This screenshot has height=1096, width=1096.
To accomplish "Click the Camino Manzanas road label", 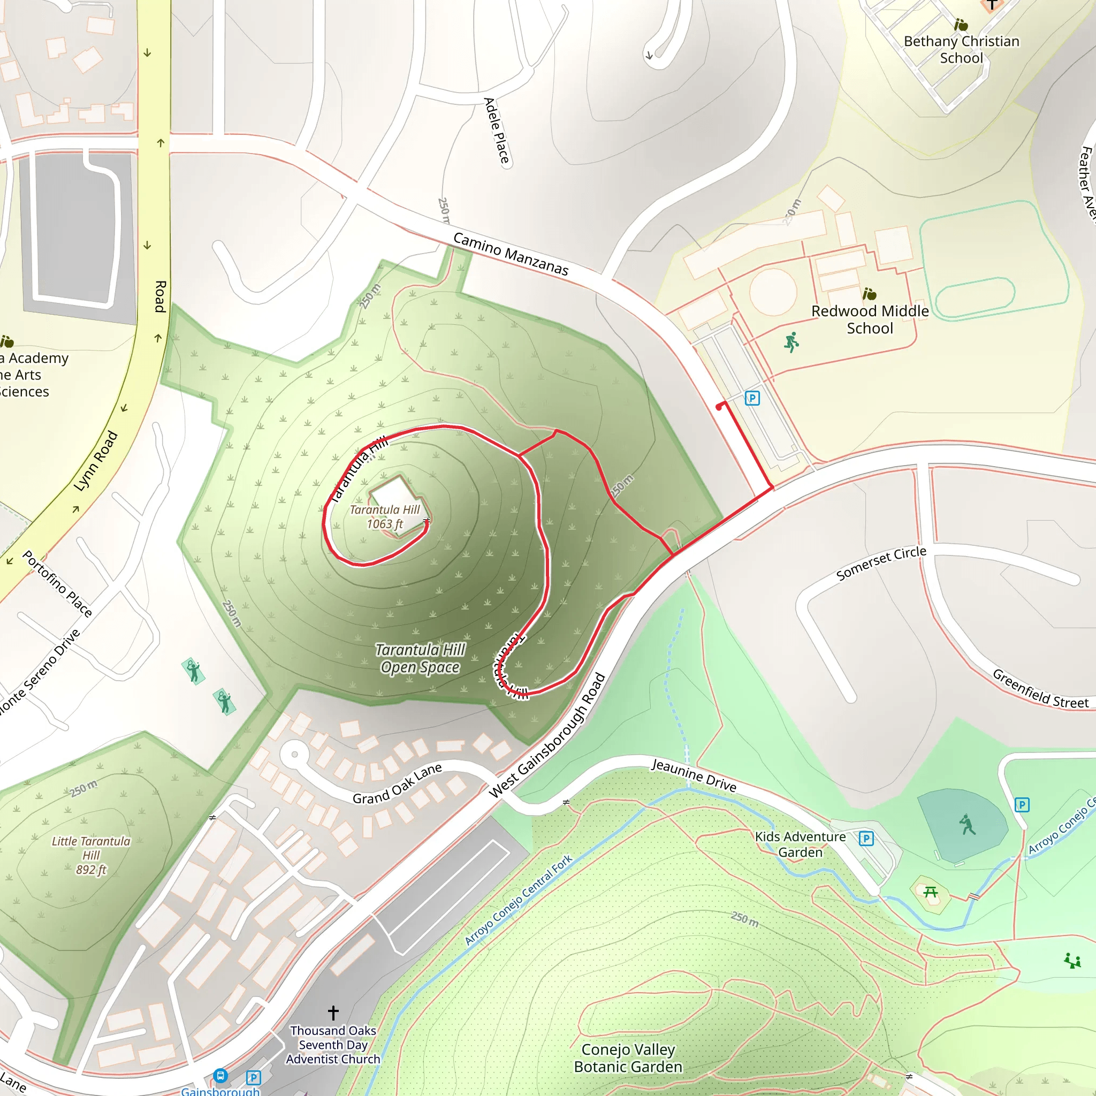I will pos(510,254).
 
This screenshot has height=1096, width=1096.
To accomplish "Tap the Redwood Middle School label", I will pos(869,319).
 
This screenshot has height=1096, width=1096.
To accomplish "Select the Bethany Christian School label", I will pos(961,49).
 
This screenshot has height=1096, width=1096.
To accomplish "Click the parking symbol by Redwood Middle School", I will pos(752,398).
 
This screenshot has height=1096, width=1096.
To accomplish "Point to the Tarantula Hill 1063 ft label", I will pos(385,516).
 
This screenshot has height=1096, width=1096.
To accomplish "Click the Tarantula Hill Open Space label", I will pos(420,658).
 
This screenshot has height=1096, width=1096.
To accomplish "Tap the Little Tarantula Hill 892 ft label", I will pos(91,855).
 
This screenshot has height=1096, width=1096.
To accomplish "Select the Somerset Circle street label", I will pos(880,564).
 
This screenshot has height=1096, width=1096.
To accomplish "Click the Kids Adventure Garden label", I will pos(800,844).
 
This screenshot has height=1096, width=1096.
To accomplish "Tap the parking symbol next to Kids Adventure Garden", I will pos(866,839).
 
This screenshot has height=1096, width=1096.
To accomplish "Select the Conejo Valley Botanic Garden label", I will pos(628,1058).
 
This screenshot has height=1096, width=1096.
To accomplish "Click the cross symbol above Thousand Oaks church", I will pos(333,1013).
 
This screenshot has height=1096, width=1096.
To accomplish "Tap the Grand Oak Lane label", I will pos(397,783).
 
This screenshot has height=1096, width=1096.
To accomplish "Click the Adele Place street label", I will pos(497,131).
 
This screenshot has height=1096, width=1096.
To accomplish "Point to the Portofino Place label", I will pos(57,583).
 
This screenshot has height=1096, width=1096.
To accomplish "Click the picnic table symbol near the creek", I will pos(930,892).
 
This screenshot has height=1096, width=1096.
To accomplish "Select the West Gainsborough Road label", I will pos(547,735).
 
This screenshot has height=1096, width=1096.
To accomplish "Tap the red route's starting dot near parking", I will pos(719,407).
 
